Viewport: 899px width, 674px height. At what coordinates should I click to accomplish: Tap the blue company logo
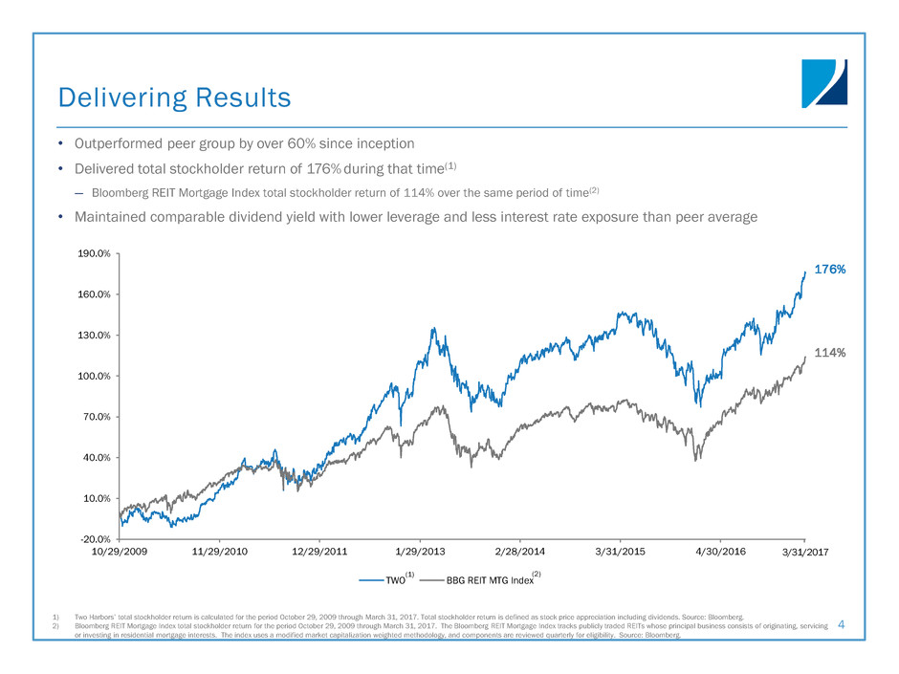pyautogui.click(x=823, y=83)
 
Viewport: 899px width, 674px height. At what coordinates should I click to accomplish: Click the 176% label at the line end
pyautogui.click(x=829, y=270)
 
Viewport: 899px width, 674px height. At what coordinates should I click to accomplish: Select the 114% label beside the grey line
pyautogui.click(x=829, y=353)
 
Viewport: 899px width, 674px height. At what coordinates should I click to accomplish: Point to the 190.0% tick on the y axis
pyautogui.click(x=94, y=254)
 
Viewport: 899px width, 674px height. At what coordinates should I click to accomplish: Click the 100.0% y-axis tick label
pyautogui.click(x=94, y=377)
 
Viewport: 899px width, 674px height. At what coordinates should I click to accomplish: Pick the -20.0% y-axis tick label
pyautogui.click(x=95, y=539)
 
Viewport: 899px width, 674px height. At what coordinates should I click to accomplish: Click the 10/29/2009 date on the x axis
pyautogui.click(x=120, y=553)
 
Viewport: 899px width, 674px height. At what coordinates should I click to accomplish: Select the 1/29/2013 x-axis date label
pyautogui.click(x=421, y=553)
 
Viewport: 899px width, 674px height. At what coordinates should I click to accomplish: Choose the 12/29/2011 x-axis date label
pyautogui.click(x=319, y=553)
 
